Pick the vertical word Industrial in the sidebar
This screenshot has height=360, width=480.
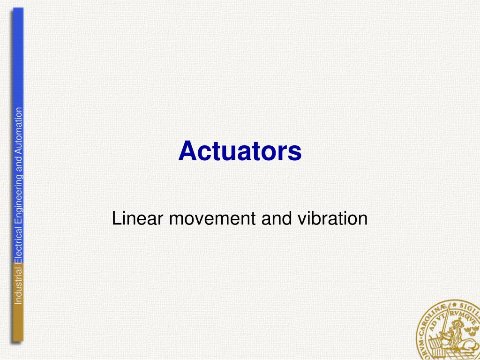[x=18, y=286]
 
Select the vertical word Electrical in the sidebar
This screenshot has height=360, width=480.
[x=18, y=246]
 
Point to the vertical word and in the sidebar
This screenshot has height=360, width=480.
[x=18, y=165]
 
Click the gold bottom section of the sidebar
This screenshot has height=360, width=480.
[x=18, y=323]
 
